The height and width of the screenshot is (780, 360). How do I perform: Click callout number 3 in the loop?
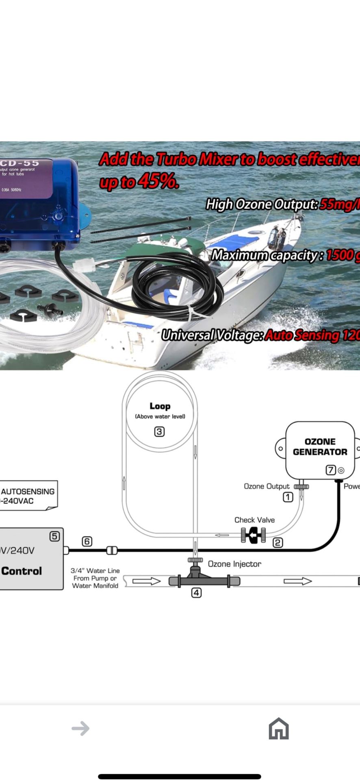click(x=159, y=432)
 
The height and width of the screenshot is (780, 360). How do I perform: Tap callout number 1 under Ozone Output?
click(x=288, y=497)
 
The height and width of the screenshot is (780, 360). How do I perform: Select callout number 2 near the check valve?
click(x=278, y=542)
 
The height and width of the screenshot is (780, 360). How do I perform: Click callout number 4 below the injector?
click(x=196, y=593)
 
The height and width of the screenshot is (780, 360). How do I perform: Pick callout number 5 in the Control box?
click(x=54, y=536)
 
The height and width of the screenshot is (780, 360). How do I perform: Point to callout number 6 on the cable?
click(x=87, y=542)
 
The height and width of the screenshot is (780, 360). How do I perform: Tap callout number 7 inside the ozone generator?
click(x=331, y=470)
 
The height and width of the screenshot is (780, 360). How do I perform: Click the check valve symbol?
click(x=254, y=535)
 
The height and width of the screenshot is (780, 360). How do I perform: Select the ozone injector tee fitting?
click(x=195, y=577)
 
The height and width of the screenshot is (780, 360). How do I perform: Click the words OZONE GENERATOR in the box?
click(x=320, y=447)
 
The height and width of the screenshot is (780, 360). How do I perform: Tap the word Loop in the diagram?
click(x=160, y=406)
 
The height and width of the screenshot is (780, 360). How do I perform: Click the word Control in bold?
click(x=22, y=571)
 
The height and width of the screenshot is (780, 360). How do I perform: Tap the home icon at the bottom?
click(x=278, y=728)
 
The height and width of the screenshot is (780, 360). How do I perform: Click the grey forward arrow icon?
click(x=80, y=728)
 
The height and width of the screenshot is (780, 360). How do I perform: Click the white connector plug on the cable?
click(x=85, y=266)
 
